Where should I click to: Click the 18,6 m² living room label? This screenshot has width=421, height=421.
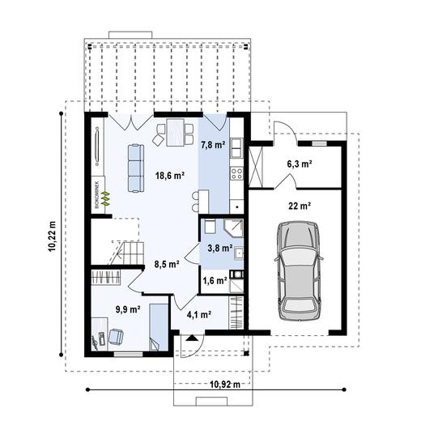tap(170, 176)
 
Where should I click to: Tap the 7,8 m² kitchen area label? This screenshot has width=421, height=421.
tap(213, 145)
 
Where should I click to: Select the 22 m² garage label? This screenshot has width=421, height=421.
tap(300, 206)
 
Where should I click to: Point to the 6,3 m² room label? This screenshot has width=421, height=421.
tap(300, 164)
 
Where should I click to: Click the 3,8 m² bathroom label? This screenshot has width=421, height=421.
tap(220, 248)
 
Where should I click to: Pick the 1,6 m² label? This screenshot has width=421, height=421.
tap(215, 281)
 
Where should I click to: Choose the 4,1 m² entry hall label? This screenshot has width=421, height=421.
tap(199, 314)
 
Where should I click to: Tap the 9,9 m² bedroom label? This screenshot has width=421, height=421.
tap(128, 309)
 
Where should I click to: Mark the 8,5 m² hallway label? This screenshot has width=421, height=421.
tap(167, 264)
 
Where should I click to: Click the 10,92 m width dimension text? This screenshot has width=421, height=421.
tap(225, 384)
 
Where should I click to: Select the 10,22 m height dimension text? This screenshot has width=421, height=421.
tap(53, 236)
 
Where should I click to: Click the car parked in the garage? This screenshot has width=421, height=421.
tap(299, 271)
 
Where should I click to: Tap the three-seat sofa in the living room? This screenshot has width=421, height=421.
tap(136, 168)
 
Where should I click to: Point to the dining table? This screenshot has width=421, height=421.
tap(176, 132)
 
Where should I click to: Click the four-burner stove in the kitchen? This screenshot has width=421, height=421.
tap(236, 173)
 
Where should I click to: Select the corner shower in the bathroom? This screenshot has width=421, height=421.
tap(234, 228)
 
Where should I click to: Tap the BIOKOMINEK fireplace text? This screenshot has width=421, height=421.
tap(97, 194)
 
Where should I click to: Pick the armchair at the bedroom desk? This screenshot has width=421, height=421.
tap(116, 337)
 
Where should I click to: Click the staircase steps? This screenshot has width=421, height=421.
tap(126, 253)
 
